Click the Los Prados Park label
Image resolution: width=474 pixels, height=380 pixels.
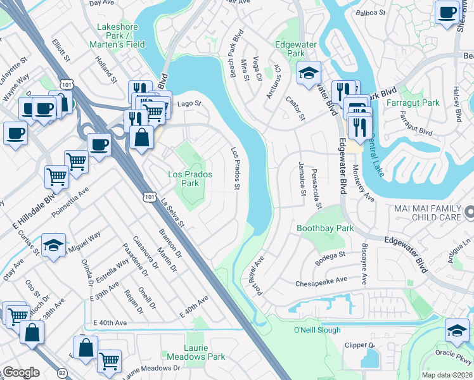pyautogui.click(x=190, y=179)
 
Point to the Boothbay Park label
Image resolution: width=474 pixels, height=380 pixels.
pyautogui.click(x=325, y=228)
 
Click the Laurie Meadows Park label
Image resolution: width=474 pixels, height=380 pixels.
pyautogui.click(x=196, y=353)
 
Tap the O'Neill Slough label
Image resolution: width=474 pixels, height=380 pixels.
pyautogui.click(x=317, y=330)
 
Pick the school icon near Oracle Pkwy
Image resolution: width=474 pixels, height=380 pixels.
pyautogui.click(x=457, y=330)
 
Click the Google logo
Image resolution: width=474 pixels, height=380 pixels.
pyautogui.click(x=21, y=372)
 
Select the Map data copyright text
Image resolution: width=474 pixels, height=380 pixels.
pyautogui.click(x=447, y=375)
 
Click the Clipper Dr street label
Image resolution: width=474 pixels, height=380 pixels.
pyautogui.click(x=360, y=345)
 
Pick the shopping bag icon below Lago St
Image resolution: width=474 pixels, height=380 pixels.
pyautogui.click(x=142, y=137)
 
